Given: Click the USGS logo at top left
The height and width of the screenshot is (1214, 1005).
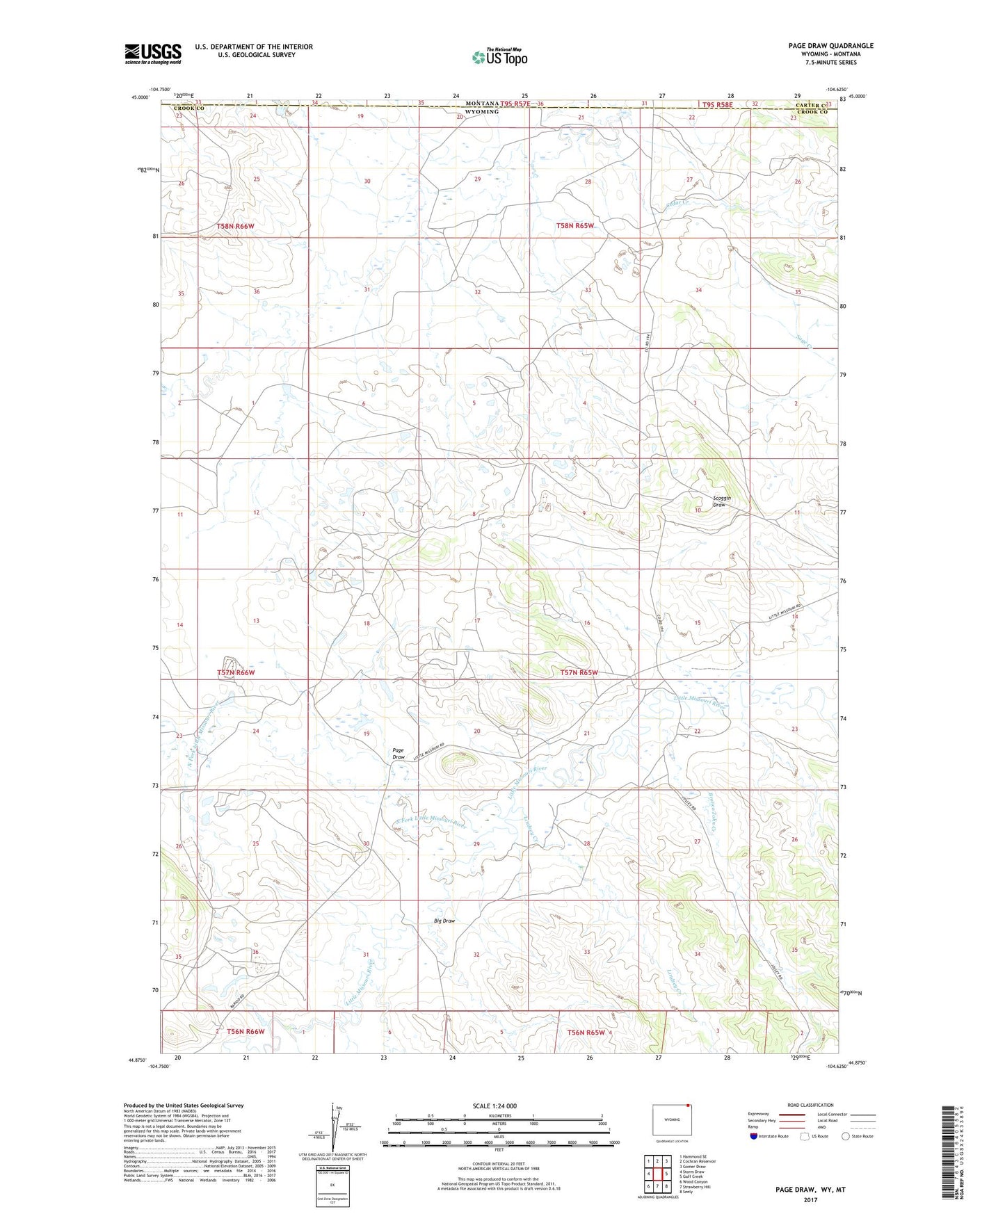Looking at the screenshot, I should (x=153, y=54).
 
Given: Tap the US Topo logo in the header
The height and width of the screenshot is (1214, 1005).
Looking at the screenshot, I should (x=499, y=57).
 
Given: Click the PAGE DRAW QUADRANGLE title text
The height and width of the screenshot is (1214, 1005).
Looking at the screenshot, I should (x=830, y=46).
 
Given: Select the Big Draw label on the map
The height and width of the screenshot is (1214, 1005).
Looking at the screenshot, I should (x=444, y=921).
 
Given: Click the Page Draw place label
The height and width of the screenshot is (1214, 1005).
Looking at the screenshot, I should (x=399, y=754).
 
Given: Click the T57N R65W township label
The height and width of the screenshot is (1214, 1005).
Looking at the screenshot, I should (x=579, y=672).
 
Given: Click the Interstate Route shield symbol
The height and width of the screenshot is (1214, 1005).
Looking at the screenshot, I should (x=754, y=1137).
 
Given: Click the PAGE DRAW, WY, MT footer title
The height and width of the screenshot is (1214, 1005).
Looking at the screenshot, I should (x=810, y=1190).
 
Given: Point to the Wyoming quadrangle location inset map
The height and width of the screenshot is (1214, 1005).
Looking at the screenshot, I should (x=671, y=1121).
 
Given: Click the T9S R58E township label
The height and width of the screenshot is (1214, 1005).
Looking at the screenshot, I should (x=714, y=104).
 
